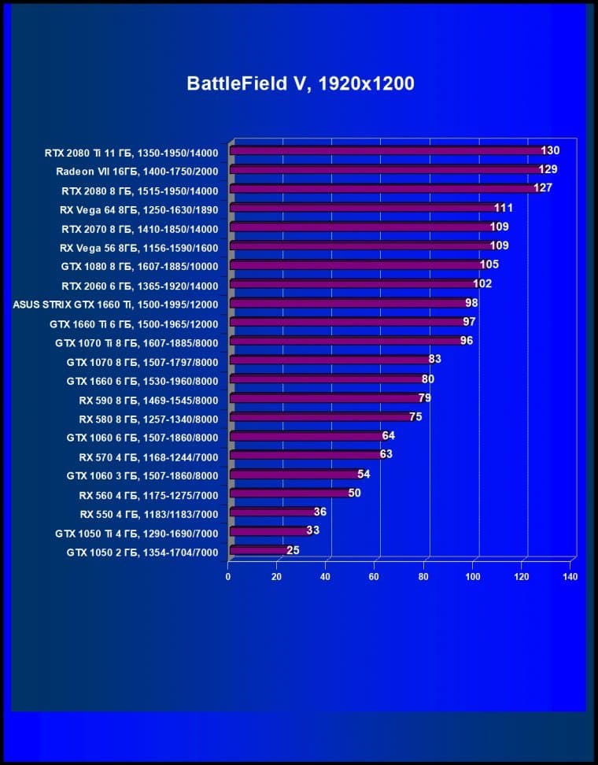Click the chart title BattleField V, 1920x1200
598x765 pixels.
click(x=300, y=83)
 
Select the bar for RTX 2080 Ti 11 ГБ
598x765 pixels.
click(x=386, y=150)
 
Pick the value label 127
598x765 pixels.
click(x=543, y=188)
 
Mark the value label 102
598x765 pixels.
click(x=482, y=283)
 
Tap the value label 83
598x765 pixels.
click(x=434, y=359)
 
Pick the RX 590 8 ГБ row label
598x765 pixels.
click(x=148, y=399)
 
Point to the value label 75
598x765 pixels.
click(x=415, y=416)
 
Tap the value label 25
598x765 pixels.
click(x=293, y=550)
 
